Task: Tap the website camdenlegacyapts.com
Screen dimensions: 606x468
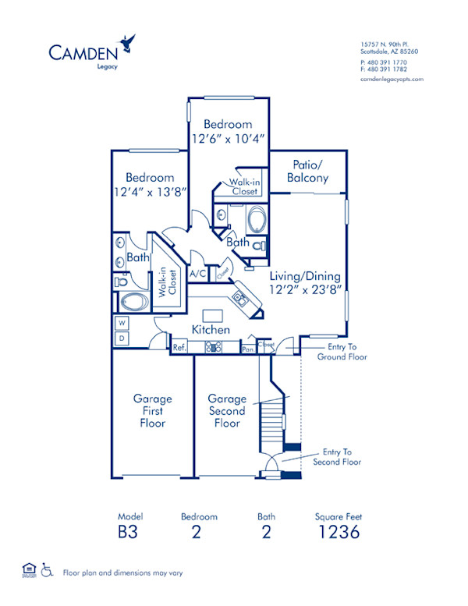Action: (x=392, y=79)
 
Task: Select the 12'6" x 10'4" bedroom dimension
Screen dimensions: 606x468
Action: (x=228, y=139)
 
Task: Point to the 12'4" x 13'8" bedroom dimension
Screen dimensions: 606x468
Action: (x=150, y=193)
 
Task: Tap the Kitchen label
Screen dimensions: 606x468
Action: (x=211, y=330)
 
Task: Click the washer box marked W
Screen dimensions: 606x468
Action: (x=122, y=323)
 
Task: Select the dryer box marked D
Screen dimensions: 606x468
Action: (x=122, y=338)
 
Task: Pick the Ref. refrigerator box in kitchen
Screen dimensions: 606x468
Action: (x=179, y=348)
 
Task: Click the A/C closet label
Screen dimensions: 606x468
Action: (x=198, y=274)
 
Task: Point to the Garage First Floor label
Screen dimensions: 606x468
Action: (x=152, y=411)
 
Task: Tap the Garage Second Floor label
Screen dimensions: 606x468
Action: (x=227, y=411)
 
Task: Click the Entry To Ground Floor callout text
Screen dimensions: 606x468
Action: (x=342, y=351)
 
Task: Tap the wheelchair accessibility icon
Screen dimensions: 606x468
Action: (x=46, y=570)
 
